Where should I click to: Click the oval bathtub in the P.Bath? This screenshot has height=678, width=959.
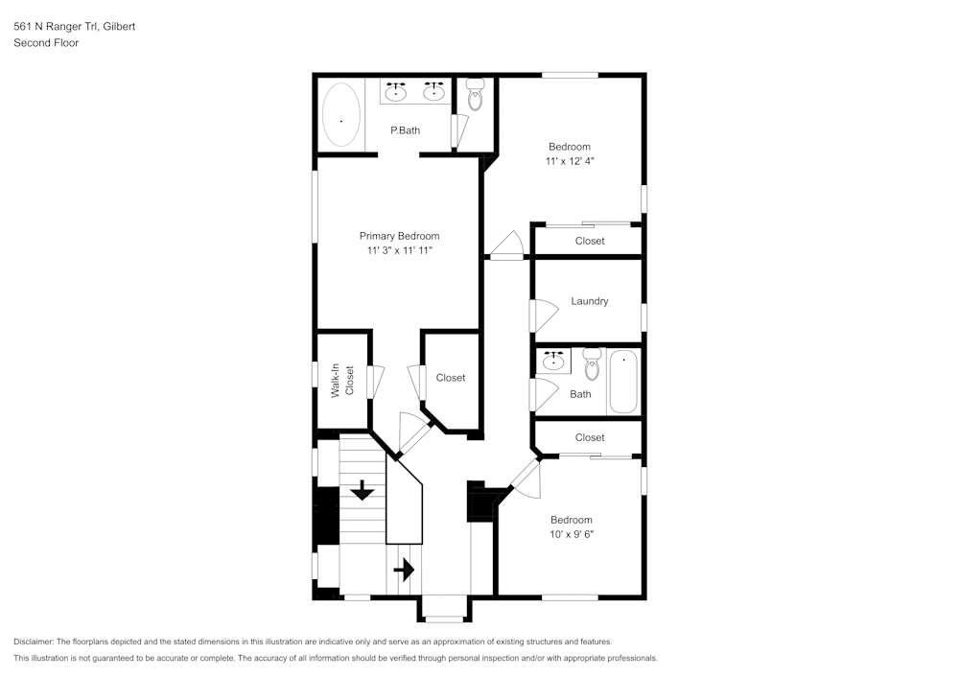[x=341, y=114]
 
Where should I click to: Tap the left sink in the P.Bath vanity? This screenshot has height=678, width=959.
[x=396, y=92]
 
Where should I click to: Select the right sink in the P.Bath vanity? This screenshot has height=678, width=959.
[x=434, y=92]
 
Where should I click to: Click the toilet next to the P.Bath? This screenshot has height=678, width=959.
[x=476, y=94]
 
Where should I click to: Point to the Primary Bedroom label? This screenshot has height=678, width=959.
[x=399, y=236]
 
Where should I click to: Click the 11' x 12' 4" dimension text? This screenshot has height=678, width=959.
[x=570, y=161]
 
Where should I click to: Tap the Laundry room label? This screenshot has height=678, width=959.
[x=590, y=301]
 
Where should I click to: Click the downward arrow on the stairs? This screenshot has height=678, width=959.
[x=363, y=490]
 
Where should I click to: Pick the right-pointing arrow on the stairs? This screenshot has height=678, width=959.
[x=404, y=571]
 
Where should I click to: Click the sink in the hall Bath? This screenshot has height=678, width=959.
[x=553, y=361]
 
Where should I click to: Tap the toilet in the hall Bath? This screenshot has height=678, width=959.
[x=592, y=363]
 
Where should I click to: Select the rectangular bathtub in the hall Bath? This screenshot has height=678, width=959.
[x=623, y=382]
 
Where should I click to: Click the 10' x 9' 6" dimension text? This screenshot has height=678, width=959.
[x=572, y=534]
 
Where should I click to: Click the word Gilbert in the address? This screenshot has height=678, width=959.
[x=119, y=26]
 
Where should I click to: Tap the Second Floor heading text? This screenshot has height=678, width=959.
[x=46, y=43]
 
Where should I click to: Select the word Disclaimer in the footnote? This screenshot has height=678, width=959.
[x=34, y=642]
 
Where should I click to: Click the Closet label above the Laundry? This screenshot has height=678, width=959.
[x=590, y=241]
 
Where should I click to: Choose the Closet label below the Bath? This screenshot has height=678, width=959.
[x=590, y=437]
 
